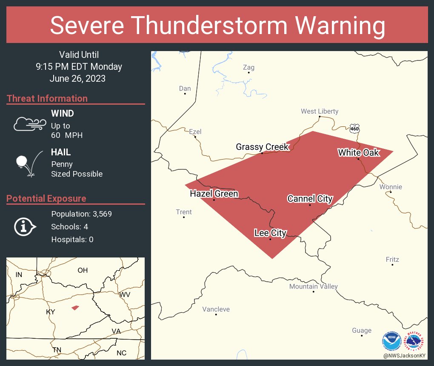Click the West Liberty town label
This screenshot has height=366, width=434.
point(320,112)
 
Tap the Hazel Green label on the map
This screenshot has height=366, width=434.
point(214,194)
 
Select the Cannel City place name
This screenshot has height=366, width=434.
point(310,199)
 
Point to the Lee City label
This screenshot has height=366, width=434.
point(270,233)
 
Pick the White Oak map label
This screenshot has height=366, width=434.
point(358,153)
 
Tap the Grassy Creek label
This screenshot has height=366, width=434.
point(263,147)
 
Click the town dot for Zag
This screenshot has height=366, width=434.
point(249,73)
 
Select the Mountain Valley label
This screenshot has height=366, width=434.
point(313,286)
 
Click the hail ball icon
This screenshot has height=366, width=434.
point(22,161)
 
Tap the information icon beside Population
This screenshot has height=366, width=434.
point(25,226)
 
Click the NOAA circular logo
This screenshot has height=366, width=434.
point(391,341)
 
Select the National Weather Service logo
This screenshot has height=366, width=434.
point(415,341)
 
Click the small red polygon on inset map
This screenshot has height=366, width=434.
point(75,307)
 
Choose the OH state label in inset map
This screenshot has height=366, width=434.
point(82,270)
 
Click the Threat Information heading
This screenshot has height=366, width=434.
point(47,98)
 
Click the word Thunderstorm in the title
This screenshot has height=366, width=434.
point(217,26)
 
